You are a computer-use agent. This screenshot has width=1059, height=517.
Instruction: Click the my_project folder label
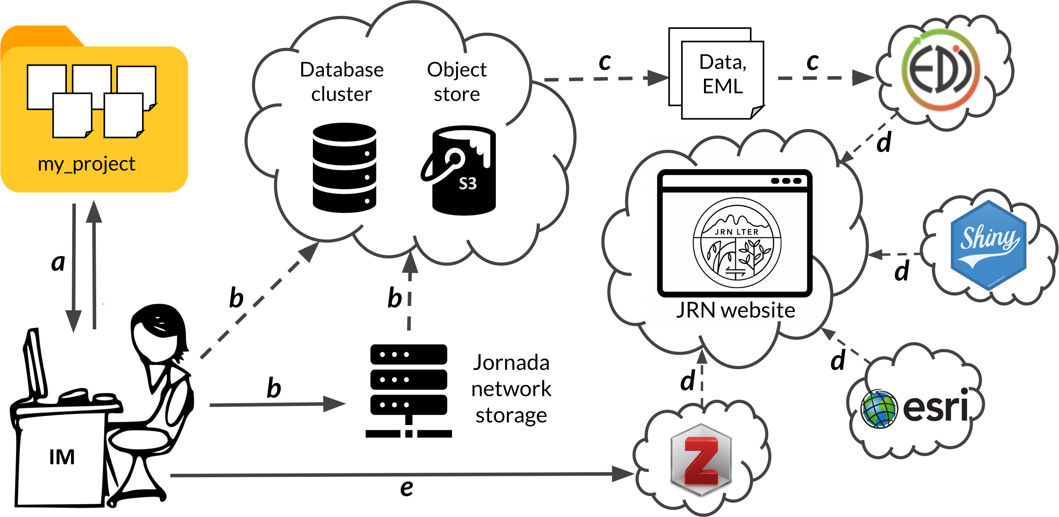point(86,164)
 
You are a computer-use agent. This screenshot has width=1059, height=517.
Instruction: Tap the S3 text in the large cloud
point(467,183)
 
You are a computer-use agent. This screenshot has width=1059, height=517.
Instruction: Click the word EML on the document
point(722,86)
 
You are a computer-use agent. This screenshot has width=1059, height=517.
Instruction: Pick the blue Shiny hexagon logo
point(988,245)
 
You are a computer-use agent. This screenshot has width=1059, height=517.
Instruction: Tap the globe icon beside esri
point(879,408)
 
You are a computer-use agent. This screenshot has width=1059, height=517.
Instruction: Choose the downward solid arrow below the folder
point(74,267)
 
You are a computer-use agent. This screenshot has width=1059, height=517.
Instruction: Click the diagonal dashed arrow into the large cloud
point(259,300)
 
